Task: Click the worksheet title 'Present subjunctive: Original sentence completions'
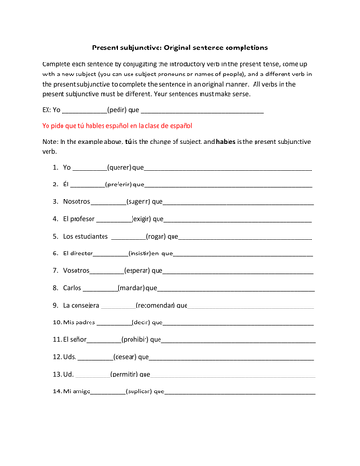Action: (180, 46)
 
